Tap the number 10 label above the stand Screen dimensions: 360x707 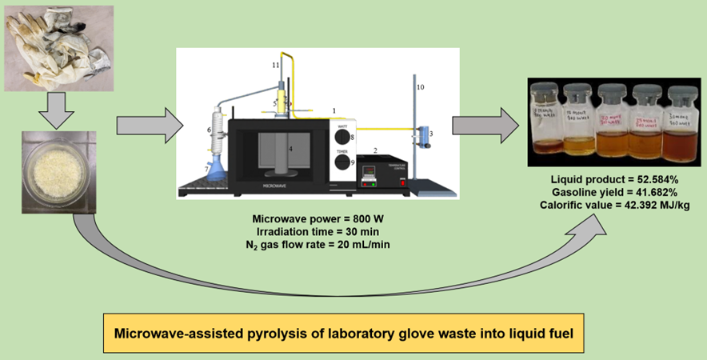421,86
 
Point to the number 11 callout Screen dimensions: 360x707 276,63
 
